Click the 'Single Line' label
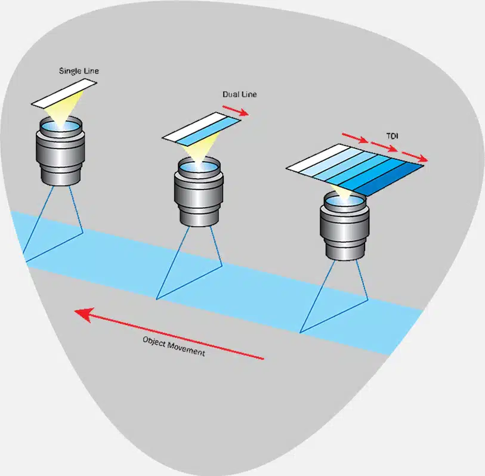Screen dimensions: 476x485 click(x=79, y=72)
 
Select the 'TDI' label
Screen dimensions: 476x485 click(x=392, y=136)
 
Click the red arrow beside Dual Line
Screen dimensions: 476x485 click(x=236, y=110)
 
